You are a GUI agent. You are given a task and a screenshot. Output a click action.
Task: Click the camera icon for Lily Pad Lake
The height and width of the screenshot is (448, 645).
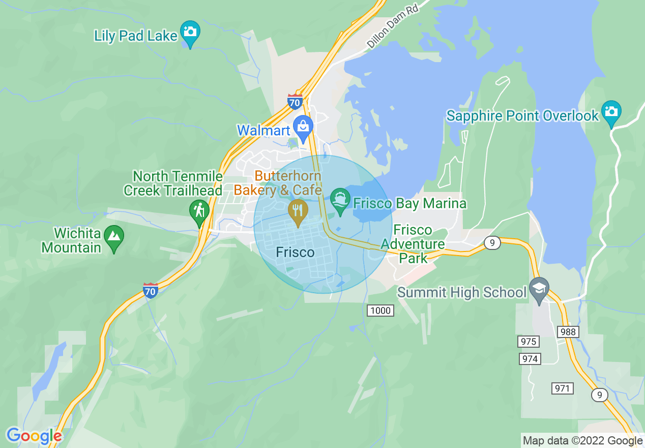point(190,32)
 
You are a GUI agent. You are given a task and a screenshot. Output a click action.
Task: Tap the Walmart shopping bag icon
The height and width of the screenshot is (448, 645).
point(304,127)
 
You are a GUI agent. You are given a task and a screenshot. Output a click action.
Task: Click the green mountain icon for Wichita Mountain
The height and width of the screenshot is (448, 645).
point(114,237)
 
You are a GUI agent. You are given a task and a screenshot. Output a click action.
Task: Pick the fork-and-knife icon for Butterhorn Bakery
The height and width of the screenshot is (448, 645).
point(298,210)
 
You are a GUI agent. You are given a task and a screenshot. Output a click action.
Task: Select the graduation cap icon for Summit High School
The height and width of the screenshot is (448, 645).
point(539,289)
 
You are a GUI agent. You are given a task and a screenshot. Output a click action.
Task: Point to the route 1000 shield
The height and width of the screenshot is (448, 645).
point(380,310)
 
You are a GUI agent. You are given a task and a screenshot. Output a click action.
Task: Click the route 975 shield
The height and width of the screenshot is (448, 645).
point(528,341)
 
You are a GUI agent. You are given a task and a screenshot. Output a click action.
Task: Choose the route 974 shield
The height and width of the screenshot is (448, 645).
point(530,359)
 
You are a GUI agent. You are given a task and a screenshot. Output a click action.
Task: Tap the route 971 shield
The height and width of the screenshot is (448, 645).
point(562,388)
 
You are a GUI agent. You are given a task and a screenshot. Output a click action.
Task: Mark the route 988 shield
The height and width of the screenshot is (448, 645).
point(568,332)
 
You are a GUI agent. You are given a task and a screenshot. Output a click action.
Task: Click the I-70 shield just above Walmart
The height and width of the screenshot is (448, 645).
point(295,101)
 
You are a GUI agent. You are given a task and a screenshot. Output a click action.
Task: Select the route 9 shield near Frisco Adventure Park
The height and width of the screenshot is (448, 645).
point(491,243)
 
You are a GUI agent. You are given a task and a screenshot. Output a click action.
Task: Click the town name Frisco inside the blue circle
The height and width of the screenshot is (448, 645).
point(295,252)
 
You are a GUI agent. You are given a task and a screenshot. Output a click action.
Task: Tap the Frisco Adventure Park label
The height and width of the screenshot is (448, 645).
point(413,244)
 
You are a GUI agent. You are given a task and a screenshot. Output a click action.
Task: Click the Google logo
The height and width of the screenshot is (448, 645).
point(34,436)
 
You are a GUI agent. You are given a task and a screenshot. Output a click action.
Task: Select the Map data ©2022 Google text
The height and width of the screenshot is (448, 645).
point(583,441)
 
